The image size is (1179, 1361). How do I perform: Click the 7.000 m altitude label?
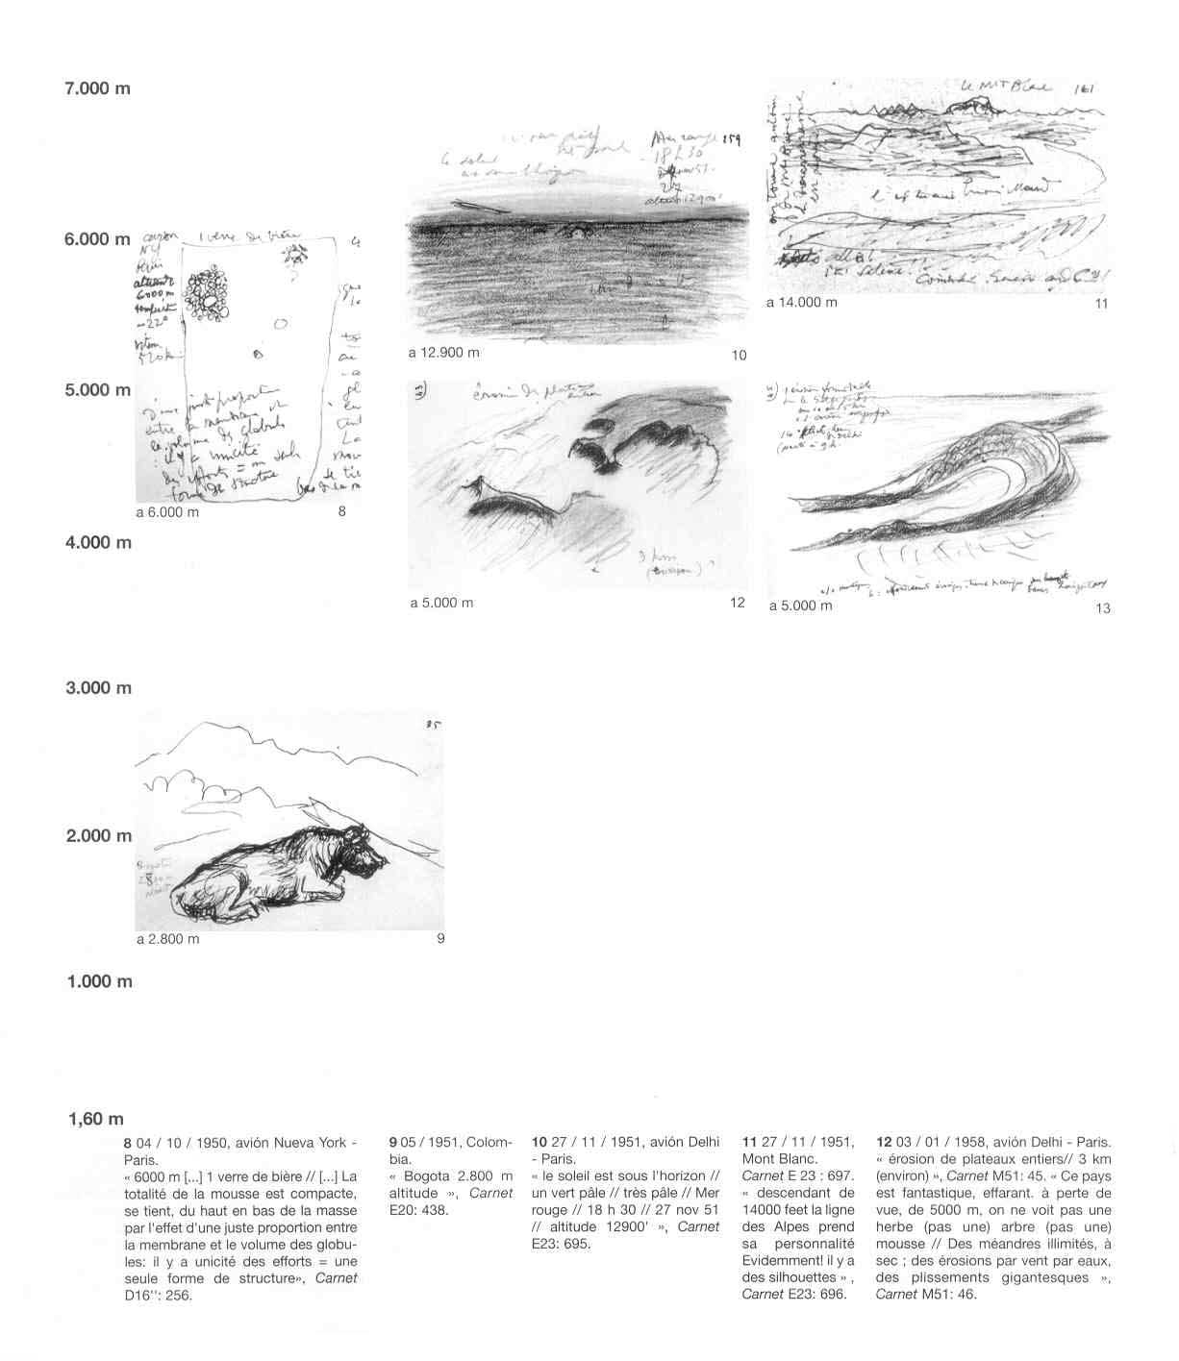pyautogui.click(x=97, y=89)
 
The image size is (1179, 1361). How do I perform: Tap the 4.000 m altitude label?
pyautogui.click(x=97, y=543)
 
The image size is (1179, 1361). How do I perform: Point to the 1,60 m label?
pyautogui.click(x=96, y=1120)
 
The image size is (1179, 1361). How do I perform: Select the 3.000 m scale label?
pyautogui.click(x=97, y=689)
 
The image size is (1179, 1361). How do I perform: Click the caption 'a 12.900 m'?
pyautogui.click(x=443, y=353)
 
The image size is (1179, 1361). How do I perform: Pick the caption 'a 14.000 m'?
pyautogui.click(x=802, y=303)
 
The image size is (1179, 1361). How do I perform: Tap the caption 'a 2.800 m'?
pyautogui.click(x=168, y=939)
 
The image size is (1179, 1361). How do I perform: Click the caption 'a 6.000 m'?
pyautogui.click(x=167, y=512)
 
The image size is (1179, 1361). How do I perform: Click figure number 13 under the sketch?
pyautogui.click(x=1102, y=607)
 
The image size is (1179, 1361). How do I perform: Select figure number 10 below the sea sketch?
pyautogui.click(x=739, y=356)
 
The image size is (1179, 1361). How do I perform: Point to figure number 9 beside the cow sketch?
pyautogui.click(x=440, y=939)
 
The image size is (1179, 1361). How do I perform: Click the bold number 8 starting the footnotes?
pyautogui.click(x=127, y=1143)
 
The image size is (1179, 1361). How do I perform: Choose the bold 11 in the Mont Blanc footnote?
pyautogui.click(x=750, y=1143)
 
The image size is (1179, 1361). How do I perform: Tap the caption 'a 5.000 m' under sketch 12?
pyautogui.click(x=442, y=604)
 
